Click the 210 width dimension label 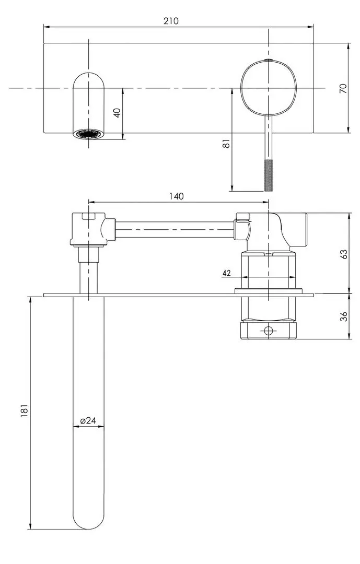pyautogui.click(x=171, y=21)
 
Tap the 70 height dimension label pyautogui.click(x=343, y=88)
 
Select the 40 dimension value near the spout pyautogui.click(x=118, y=113)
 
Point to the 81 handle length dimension pyautogui.click(x=226, y=143)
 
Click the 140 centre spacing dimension pyautogui.click(x=176, y=196)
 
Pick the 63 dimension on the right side pyautogui.click(x=343, y=254)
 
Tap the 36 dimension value pyautogui.click(x=343, y=317)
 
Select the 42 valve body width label pyautogui.click(x=227, y=273)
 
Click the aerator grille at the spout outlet pyautogui.click(x=88, y=134)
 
